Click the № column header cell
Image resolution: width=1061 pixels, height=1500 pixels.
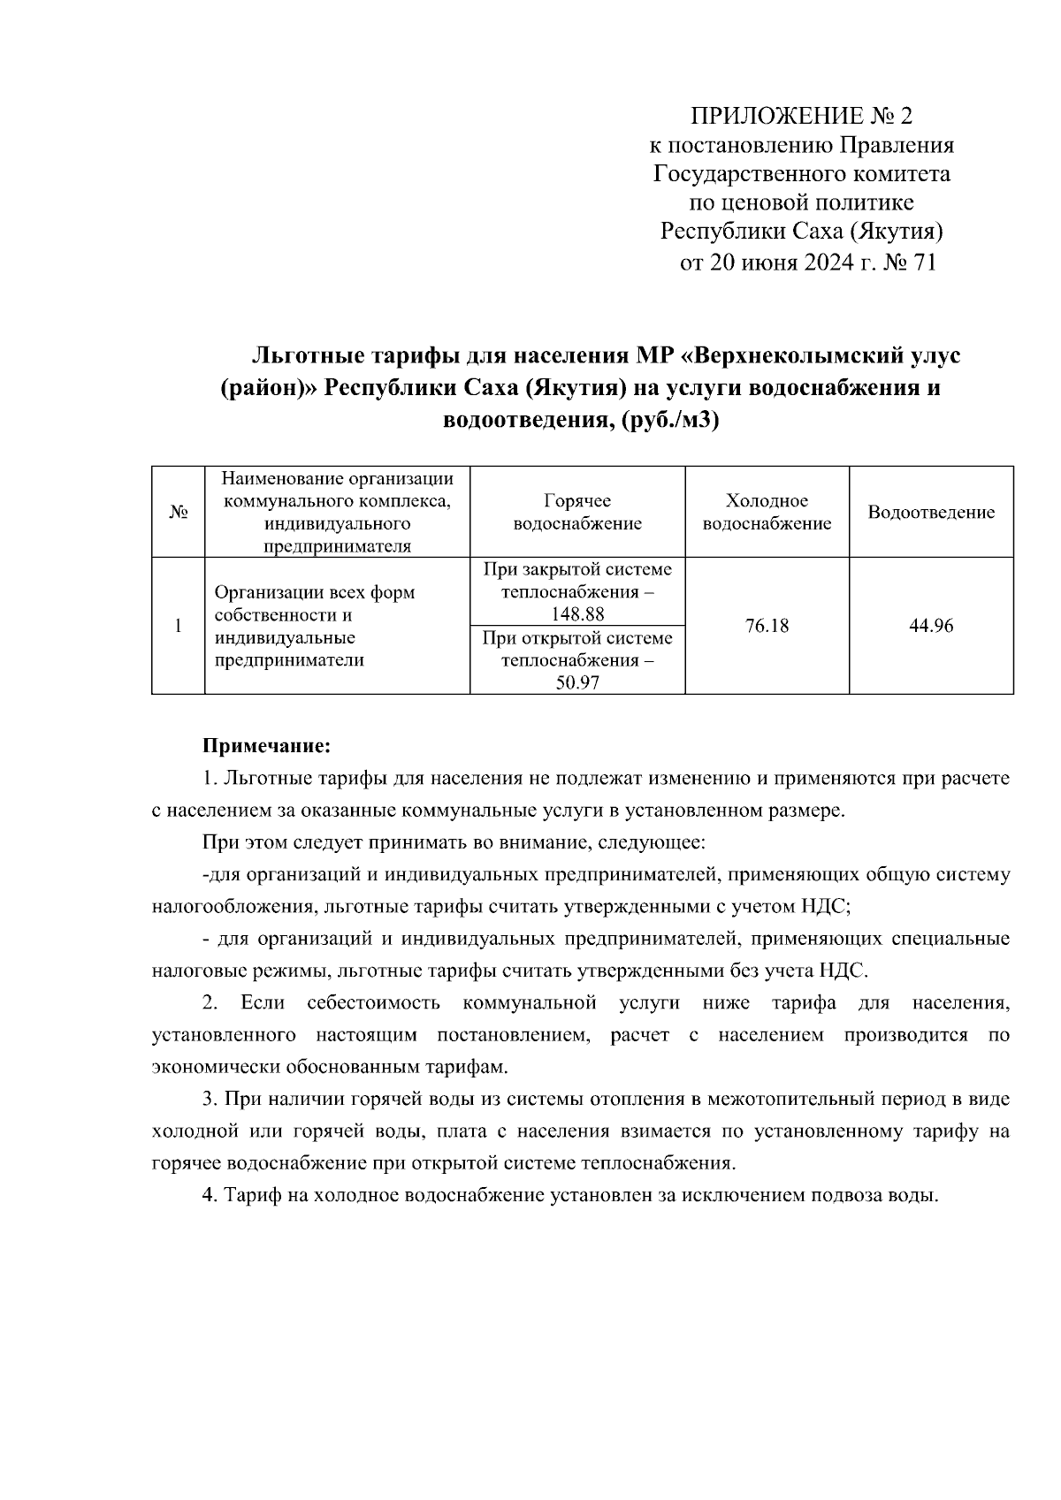(178, 513)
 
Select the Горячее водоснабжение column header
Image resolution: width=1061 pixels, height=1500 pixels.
(577, 513)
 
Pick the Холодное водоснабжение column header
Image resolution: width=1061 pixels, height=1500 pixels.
(767, 513)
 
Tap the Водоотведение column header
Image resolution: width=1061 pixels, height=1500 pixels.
(931, 513)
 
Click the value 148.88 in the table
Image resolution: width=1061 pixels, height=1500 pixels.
(577, 614)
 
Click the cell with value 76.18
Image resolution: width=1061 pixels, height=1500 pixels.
(767, 626)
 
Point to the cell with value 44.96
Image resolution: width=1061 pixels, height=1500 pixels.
(931, 626)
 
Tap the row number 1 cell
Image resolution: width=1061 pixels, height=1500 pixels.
(178, 626)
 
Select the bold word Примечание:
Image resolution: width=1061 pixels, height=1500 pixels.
(267, 747)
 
